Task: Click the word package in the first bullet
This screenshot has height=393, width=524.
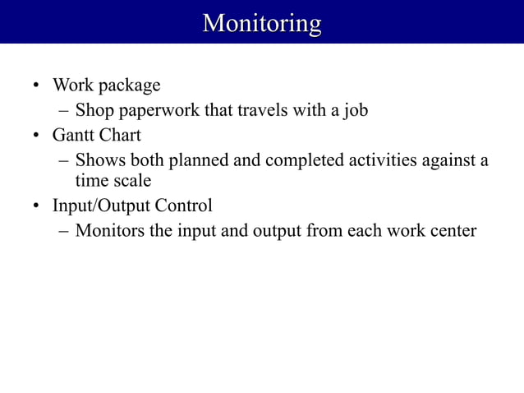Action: pyautogui.click(x=130, y=86)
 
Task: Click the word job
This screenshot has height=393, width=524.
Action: pyautogui.click(x=356, y=111)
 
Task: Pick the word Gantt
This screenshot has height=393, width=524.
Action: pyautogui.click(x=73, y=135)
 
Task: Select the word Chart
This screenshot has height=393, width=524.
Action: pyautogui.click(x=120, y=135)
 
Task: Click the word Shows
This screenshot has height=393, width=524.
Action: pyautogui.click(x=99, y=160)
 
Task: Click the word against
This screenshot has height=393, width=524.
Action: pyautogui.click(x=451, y=160)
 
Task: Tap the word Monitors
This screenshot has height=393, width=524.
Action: pyautogui.click(x=109, y=230)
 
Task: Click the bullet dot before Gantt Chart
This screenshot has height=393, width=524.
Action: pyautogui.click(x=36, y=136)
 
